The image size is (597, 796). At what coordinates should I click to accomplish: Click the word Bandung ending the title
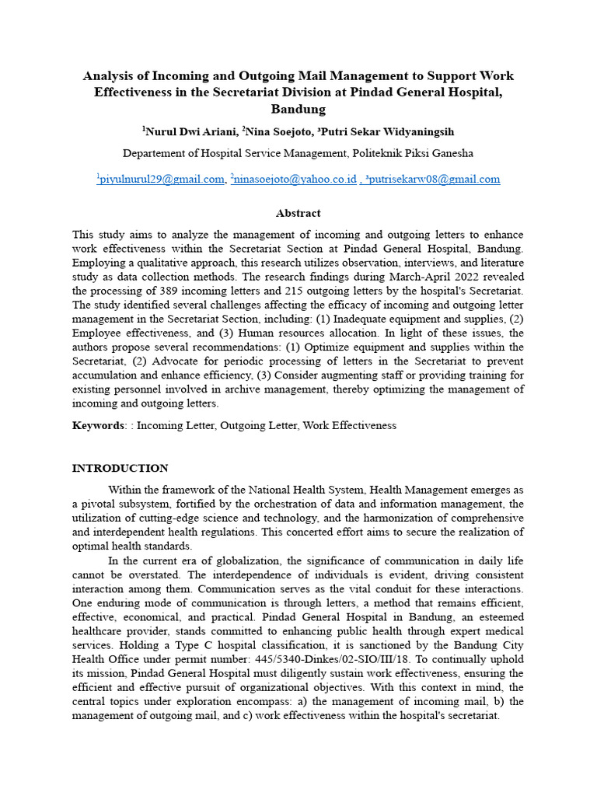click(298, 109)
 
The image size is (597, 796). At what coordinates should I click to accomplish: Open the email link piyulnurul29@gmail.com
click(162, 180)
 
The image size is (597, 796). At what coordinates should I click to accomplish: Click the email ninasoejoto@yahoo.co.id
click(295, 180)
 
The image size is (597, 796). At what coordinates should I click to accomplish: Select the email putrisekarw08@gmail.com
click(435, 180)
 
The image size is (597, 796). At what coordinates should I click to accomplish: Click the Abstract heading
click(298, 213)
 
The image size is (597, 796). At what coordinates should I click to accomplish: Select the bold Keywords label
click(98, 426)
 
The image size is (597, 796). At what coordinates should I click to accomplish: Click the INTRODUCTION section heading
click(120, 469)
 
